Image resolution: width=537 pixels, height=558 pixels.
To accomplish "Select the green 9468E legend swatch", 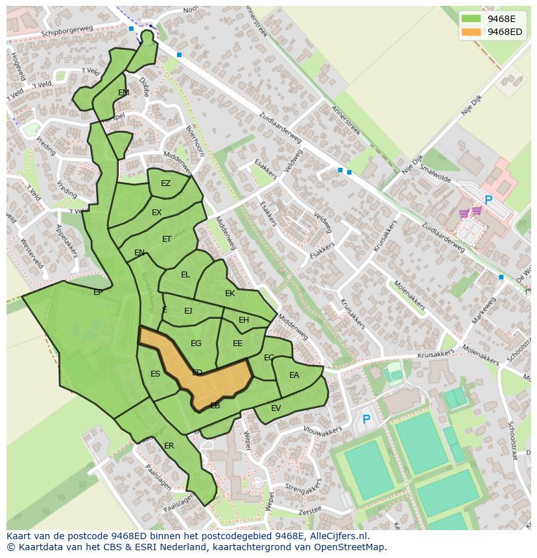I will point(471,19).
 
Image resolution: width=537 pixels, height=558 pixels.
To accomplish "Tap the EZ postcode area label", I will point(165,183).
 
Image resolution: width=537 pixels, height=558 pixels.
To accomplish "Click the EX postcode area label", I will point(156,213).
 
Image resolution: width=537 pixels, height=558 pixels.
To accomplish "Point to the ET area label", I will point(167,239).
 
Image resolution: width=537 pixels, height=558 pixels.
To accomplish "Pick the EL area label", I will point(185,275).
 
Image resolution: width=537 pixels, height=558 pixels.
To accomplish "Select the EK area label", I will point(230,294).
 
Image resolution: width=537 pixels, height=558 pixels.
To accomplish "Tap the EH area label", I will point(244,320).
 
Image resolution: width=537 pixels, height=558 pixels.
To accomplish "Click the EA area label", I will point(294,375).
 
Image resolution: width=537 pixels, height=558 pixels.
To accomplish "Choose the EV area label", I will point(276,408).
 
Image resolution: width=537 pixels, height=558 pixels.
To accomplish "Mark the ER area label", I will point(169,446).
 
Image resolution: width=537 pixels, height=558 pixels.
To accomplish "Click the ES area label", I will point(155,374).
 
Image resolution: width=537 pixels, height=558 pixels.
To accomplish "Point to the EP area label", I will point(98,292).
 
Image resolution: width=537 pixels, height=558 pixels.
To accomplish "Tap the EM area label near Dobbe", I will point(123,93).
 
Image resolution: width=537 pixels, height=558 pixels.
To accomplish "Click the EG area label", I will point(196,343).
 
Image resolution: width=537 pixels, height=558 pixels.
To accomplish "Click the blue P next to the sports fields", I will point(366,420).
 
